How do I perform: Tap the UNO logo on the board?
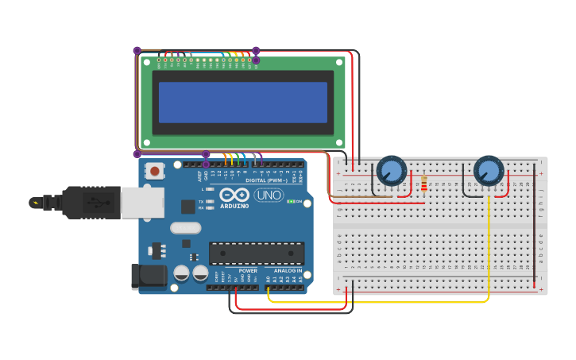(269, 195)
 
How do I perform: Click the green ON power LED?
(292, 202)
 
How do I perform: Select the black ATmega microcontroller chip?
(257, 253)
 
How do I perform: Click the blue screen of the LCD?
(243, 102)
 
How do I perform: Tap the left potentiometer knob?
(391, 171)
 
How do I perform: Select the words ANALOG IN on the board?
(288, 271)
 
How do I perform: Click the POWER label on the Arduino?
(248, 271)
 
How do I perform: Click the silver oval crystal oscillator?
(185, 227)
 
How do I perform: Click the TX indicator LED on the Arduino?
(210, 202)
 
